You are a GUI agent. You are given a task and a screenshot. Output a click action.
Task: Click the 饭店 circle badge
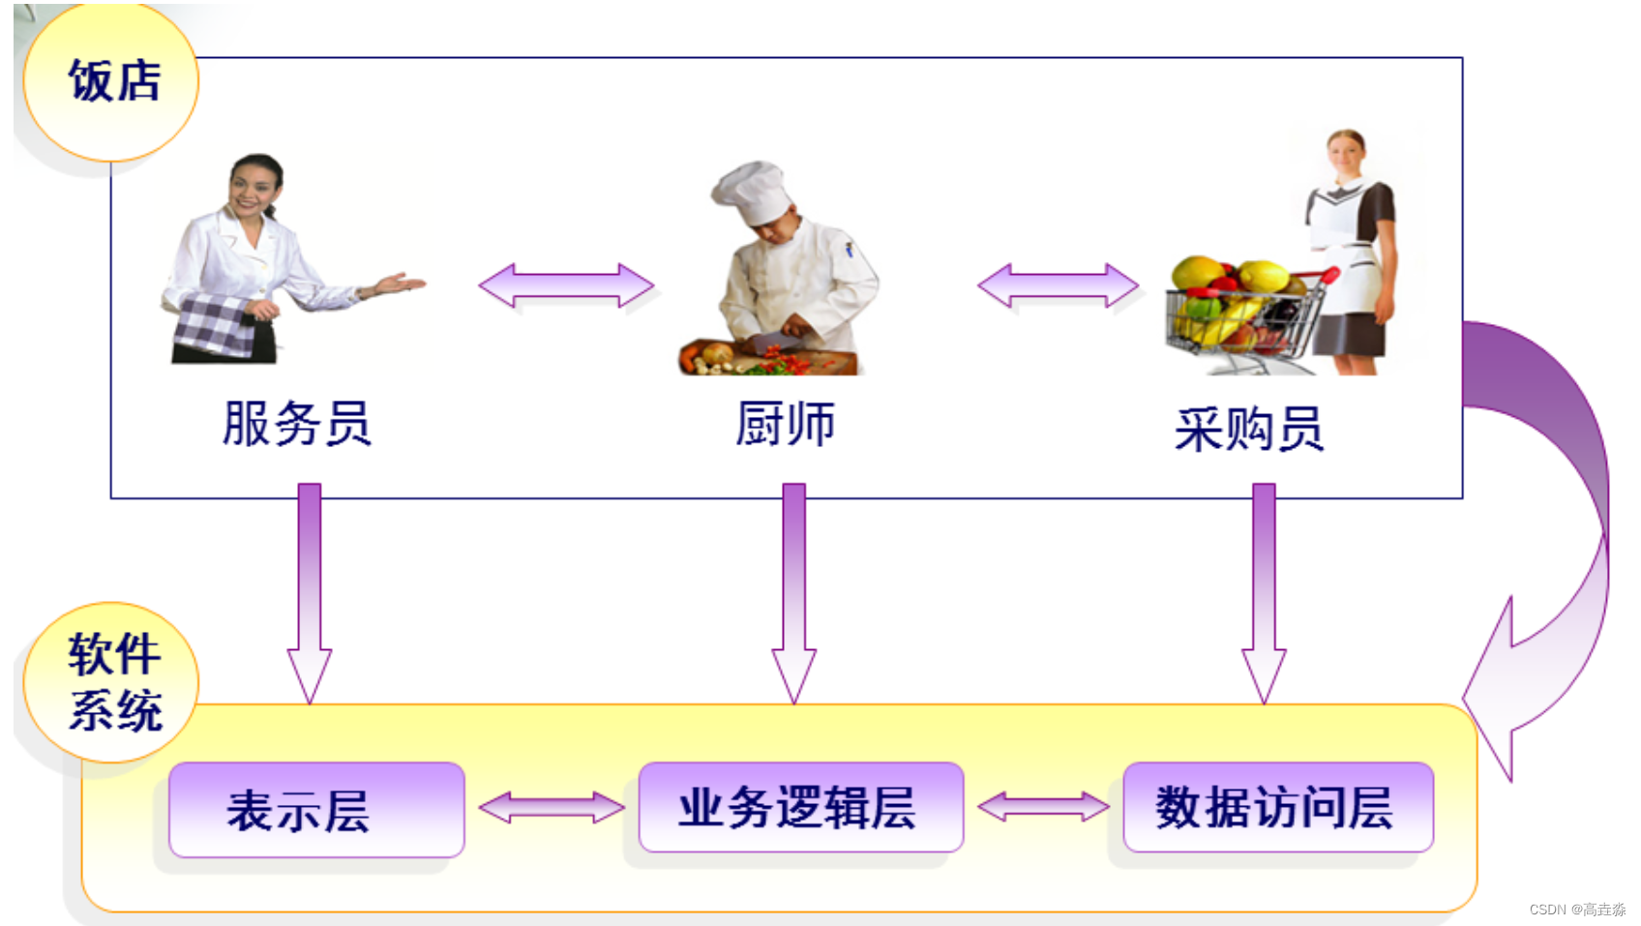tap(111, 81)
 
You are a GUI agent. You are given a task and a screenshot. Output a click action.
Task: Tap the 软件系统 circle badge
tap(111, 683)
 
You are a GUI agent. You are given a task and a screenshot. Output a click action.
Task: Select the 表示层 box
tap(316, 810)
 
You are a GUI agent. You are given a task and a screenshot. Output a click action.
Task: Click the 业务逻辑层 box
tap(800, 807)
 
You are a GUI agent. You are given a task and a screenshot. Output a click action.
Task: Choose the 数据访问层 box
tap(1277, 807)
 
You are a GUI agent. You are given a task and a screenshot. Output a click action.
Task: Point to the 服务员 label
tap(297, 424)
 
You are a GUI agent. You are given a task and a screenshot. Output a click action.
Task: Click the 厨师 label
tap(785, 424)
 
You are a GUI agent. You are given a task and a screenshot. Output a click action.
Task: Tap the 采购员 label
tap(1248, 429)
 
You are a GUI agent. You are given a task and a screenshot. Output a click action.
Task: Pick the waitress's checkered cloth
tap(215, 325)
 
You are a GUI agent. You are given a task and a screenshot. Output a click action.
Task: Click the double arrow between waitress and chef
tap(566, 285)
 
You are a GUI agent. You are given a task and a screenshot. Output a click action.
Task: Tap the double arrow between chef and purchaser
tap(1058, 285)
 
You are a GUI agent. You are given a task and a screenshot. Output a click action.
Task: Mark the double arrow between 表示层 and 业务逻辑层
tap(552, 807)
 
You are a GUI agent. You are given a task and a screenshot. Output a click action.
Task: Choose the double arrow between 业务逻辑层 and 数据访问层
tap(1043, 806)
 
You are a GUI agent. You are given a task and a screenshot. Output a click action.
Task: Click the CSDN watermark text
tap(1576, 910)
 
